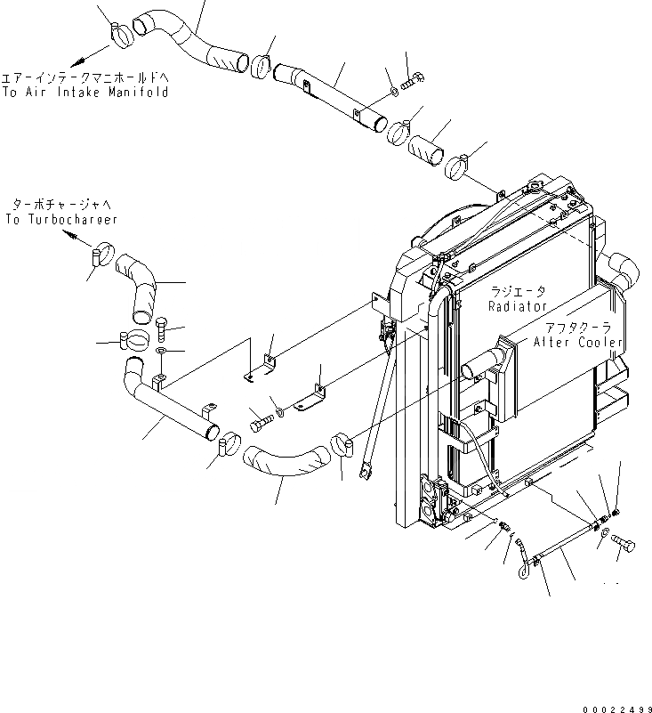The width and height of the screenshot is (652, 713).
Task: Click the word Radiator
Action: (517, 305)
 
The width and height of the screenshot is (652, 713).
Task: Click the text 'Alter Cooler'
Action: (577, 343)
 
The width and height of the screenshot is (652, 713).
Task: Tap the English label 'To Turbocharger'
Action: (60, 219)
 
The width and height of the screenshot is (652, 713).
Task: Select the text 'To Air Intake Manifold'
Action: (85, 92)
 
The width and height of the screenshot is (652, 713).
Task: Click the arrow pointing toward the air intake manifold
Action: (77, 57)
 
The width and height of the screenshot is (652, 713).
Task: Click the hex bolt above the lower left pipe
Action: (161, 329)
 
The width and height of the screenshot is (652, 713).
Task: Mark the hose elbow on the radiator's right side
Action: (621, 267)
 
